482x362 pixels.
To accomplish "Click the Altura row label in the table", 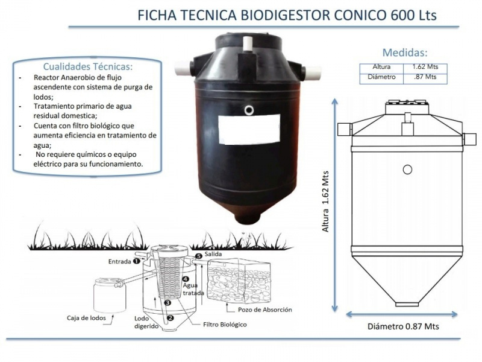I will tap(381, 66).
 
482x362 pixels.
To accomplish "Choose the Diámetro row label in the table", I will tap(381, 77).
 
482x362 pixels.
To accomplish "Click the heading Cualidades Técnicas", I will tap(89, 67).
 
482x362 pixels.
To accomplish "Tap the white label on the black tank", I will tap(248, 128).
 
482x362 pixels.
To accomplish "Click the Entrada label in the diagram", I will tap(119, 262).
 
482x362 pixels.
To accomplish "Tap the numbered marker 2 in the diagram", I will tap(171, 317).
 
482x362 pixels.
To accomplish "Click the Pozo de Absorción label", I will tap(261, 310).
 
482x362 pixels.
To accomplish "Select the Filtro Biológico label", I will tap(225, 325).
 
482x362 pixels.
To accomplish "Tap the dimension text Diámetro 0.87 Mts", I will tap(403, 326).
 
